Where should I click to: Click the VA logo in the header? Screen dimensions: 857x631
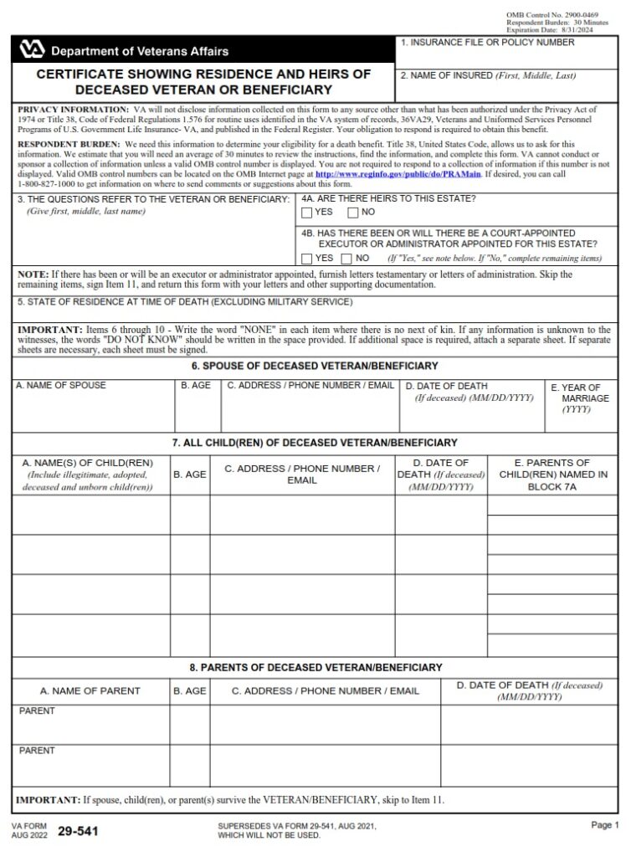(x=32, y=50)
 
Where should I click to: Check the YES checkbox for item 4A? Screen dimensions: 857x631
(x=307, y=213)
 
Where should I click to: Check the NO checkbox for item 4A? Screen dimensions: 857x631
(x=353, y=213)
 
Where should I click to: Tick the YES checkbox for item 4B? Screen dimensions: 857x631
(x=307, y=259)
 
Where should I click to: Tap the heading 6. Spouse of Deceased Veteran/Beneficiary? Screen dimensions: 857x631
(x=315, y=367)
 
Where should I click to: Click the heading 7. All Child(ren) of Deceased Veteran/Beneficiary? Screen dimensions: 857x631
(x=315, y=442)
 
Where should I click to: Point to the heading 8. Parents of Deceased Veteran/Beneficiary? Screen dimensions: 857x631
(x=315, y=667)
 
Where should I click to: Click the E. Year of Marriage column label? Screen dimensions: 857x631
(x=580, y=398)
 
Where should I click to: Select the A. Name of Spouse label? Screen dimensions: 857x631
(x=61, y=386)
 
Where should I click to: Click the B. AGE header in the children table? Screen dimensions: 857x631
(x=190, y=475)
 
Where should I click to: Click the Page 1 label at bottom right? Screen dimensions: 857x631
(x=603, y=825)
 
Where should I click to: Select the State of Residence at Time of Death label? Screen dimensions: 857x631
(x=184, y=301)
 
